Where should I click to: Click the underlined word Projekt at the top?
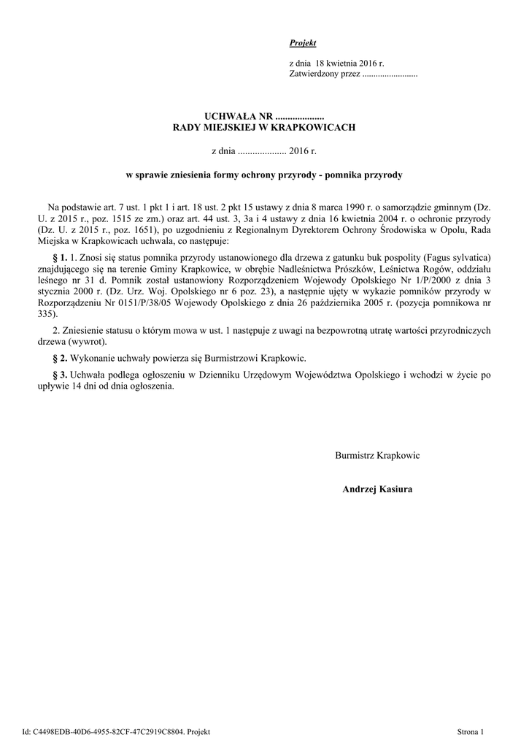[302, 44]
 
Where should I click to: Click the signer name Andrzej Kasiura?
[377, 489]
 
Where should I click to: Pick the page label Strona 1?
[471, 730]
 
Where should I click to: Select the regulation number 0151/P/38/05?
[128, 302]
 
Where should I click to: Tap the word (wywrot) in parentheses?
[87, 341]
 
